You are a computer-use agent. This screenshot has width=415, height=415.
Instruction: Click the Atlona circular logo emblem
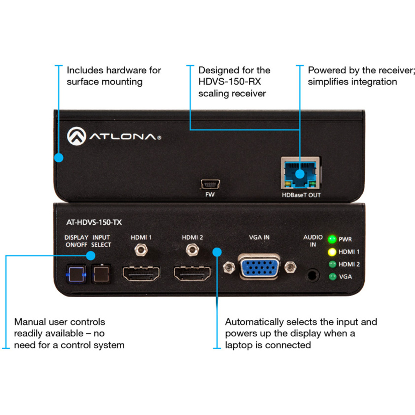[77, 136]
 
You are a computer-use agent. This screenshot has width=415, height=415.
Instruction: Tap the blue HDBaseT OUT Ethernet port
[300, 173]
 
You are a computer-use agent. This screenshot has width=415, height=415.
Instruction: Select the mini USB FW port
[210, 184]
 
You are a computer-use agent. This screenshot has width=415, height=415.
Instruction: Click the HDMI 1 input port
[141, 273]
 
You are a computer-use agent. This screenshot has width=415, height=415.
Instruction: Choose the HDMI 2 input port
[192, 273]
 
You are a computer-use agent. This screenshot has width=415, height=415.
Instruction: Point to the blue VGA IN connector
[259, 267]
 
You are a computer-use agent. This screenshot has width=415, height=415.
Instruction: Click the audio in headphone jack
[312, 275]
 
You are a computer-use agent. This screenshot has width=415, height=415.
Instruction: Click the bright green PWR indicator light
[332, 239]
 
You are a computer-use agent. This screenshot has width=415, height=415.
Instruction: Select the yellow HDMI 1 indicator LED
[332, 252]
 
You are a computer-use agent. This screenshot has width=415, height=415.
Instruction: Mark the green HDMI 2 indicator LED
[332, 264]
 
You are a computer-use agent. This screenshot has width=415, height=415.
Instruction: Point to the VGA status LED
[332, 277]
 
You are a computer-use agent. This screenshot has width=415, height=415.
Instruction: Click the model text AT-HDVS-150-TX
[94, 222]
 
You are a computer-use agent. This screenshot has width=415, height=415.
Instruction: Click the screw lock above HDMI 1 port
[141, 249]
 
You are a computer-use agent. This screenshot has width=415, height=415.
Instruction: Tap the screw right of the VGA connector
[290, 267]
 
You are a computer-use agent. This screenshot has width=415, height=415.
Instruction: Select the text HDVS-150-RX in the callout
[230, 82]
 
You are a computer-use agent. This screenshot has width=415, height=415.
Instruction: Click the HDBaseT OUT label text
[301, 195]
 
